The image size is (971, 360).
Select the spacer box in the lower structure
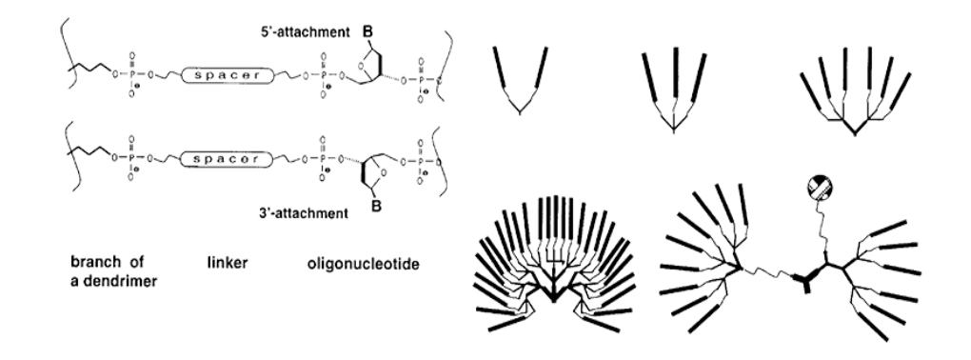pos(222,152)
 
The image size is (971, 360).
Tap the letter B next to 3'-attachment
pos(374,202)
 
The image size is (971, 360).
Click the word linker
pos(226,259)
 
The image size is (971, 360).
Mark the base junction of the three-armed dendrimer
pos(674,136)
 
